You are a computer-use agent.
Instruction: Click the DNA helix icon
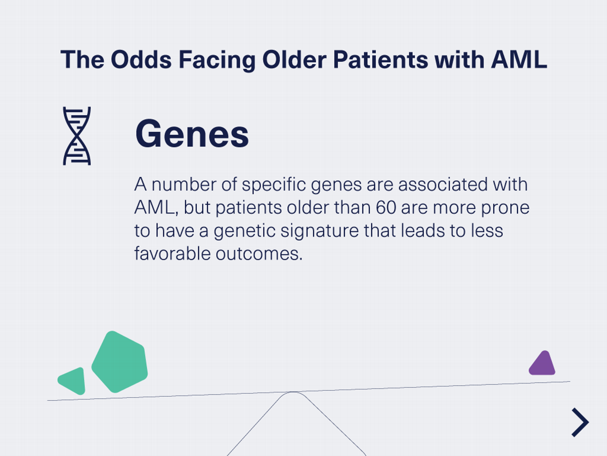(77, 136)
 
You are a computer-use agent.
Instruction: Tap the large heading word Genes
(192, 134)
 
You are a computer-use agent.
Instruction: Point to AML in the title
(519, 60)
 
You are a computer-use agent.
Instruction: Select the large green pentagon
(120, 362)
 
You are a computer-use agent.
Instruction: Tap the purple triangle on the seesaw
(542, 364)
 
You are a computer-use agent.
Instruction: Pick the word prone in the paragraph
(504, 208)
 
